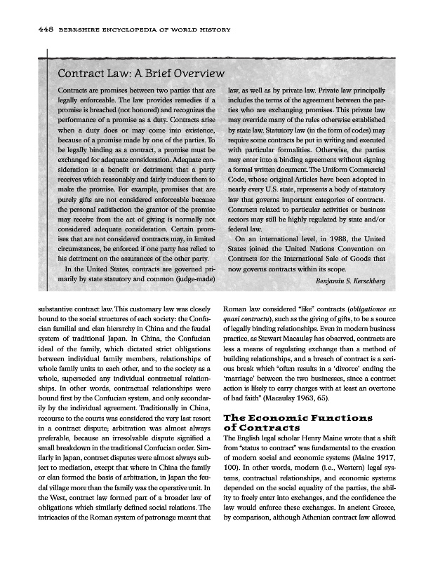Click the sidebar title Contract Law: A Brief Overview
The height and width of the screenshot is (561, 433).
click(140, 74)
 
